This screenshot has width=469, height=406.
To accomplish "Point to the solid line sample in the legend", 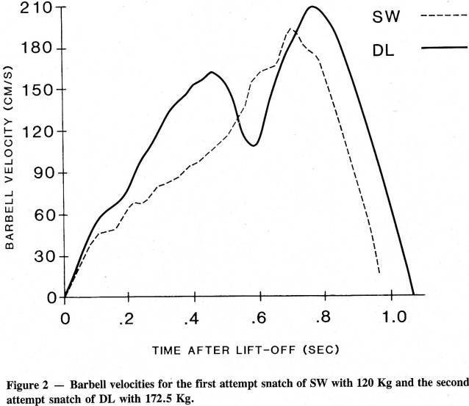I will [445, 47].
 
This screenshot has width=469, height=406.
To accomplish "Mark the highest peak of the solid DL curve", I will [313, 7].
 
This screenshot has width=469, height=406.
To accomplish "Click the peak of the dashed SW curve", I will [291, 29].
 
